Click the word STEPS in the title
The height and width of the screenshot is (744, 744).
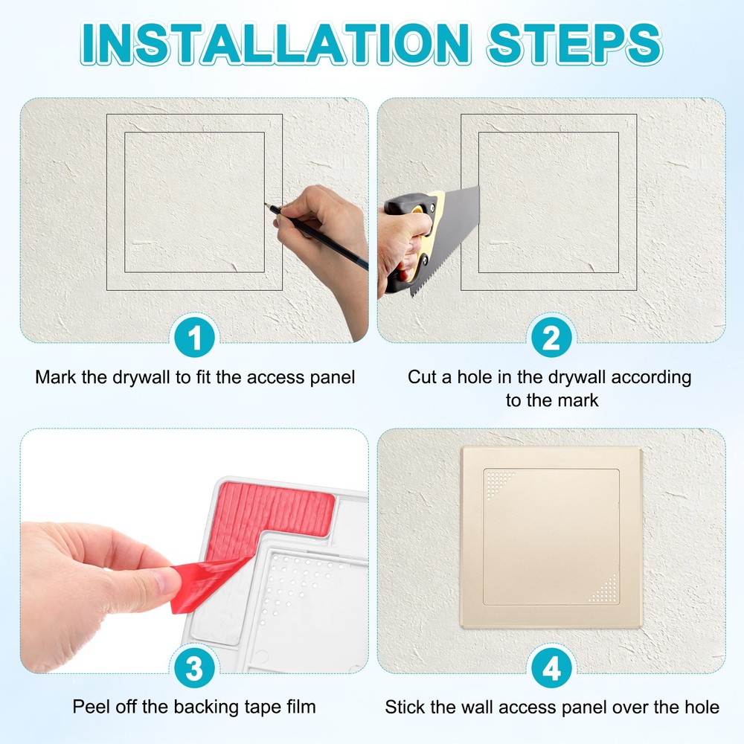574,43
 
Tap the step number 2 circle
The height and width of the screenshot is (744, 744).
551,339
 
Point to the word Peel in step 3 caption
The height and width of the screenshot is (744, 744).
89,707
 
